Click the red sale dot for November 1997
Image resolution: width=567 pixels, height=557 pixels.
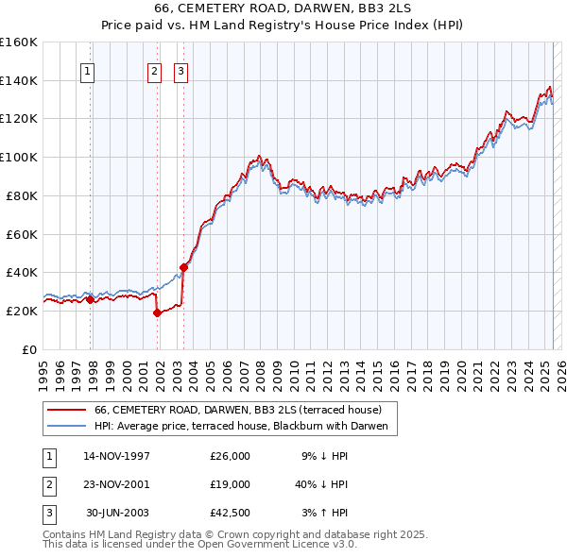[91, 299]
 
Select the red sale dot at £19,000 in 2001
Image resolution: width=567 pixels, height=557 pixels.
[158, 312]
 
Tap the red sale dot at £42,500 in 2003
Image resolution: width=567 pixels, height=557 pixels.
[183, 267]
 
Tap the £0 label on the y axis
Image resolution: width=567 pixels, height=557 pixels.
[29, 349]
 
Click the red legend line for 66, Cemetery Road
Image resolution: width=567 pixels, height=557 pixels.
[67, 410]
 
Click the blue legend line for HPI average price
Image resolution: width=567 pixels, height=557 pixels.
[67, 426]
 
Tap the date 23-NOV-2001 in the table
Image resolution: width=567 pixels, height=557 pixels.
[116, 484]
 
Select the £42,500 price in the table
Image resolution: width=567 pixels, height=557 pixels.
[230, 513]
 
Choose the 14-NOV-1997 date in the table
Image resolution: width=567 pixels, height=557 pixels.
[116, 456]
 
